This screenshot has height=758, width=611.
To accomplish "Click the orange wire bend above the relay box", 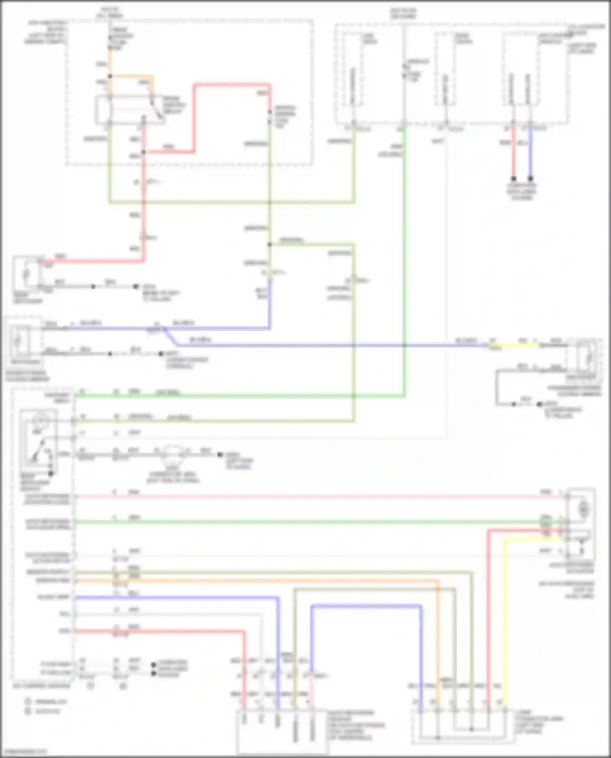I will [152, 77].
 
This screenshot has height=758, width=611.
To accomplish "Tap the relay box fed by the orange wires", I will [130, 110].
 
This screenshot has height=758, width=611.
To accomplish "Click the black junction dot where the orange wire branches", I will [110, 76].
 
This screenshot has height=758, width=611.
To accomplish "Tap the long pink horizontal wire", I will [310, 497].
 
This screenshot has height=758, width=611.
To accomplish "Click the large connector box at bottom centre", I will [282, 732].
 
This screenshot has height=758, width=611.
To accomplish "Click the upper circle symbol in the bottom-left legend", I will [28, 701].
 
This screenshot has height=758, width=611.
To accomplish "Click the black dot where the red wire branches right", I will [143, 153].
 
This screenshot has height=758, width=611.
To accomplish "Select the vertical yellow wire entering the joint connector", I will [505, 623].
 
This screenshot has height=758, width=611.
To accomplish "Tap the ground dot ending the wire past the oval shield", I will [220, 454].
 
